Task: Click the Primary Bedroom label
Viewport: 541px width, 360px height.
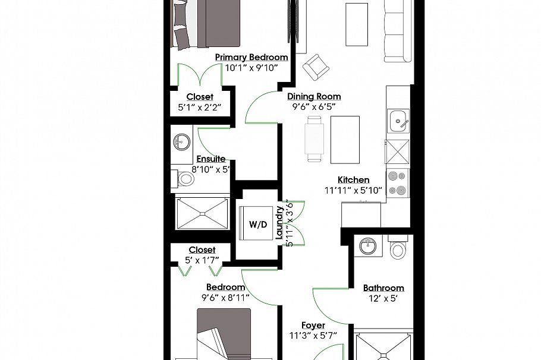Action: tap(251, 57)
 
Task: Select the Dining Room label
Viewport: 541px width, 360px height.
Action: tap(314, 96)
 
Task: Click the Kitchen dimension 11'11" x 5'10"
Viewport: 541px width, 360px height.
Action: tap(353, 191)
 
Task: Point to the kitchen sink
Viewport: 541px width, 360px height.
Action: tap(398, 122)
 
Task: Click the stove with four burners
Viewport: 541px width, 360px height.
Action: tap(397, 183)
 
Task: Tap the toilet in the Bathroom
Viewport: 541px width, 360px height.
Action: tap(397, 248)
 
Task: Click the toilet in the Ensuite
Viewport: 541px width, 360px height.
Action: tap(185, 178)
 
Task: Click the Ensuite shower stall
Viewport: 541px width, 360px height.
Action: tap(202, 212)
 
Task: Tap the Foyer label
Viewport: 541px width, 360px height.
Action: tap(313, 325)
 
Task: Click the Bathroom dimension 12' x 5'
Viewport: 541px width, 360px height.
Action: tap(383, 298)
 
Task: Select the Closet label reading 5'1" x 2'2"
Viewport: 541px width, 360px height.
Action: tap(199, 108)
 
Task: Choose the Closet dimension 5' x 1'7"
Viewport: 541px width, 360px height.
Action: tap(202, 260)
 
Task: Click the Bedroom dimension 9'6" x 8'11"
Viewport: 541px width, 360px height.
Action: tap(225, 297)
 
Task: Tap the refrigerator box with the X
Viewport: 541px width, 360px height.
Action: tap(397, 151)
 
